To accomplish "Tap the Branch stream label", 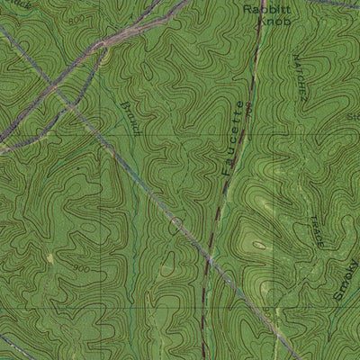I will coord(130,118).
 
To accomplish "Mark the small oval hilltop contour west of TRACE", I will coord(261,244).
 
